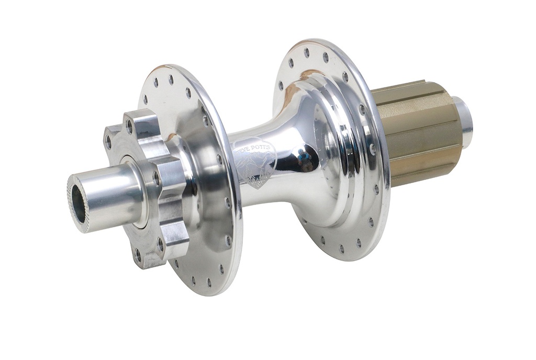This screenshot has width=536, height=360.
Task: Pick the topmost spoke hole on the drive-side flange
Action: click(306, 53)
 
